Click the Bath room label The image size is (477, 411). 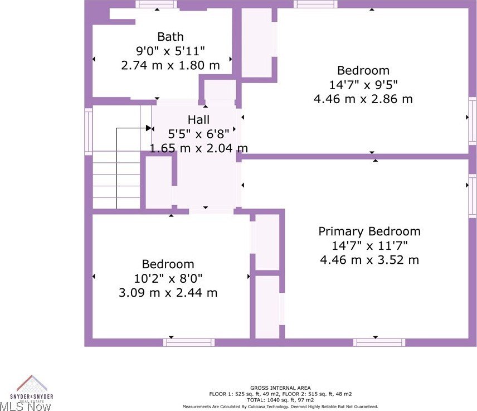tap(171, 37)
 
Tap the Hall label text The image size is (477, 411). tap(198, 120)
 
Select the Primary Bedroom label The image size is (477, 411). tap(369, 231)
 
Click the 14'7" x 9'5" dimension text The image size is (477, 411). tap(363, 85)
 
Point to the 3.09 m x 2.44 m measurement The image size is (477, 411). tap(168, 293)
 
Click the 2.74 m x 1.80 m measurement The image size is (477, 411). tap(171, 65)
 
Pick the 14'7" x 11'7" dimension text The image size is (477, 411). tap(369, 246)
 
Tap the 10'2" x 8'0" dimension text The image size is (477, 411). tap(168, 278)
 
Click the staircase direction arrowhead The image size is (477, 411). tap(149, 128)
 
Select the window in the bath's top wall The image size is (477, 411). tap(156, 4)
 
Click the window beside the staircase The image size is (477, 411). tap(88, 132)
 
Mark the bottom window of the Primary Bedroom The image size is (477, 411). tap(379, 342)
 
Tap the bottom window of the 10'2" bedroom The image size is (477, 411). tap(188, 342)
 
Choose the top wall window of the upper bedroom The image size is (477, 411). tap(315, 4)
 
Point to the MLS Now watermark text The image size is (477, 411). tap(26, 406)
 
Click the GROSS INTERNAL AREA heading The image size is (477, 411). tap(280, 388)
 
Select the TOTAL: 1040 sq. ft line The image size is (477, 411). tap(280, 400)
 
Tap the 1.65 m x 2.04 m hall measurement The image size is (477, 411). tap(198, 148)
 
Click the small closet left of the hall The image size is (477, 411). tap(158, 182)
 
